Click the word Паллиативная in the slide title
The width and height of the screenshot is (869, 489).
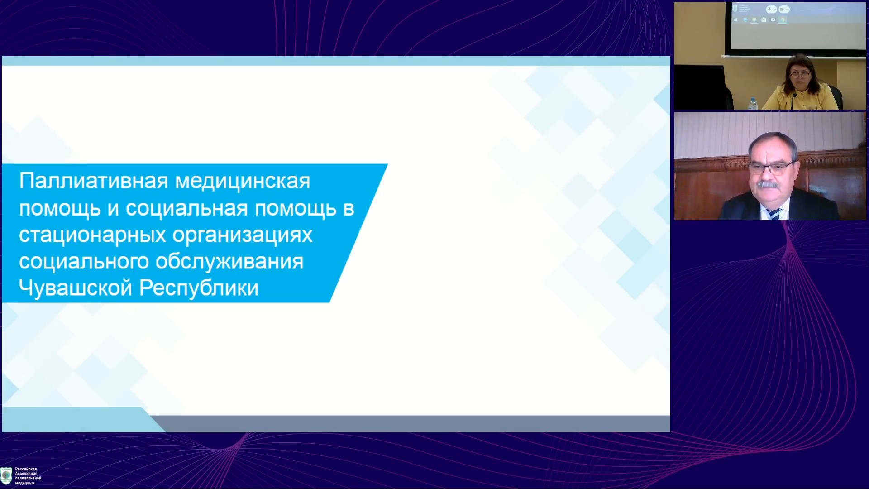(x=94, y=181)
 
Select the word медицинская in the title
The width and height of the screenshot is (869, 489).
(x=243, y=182)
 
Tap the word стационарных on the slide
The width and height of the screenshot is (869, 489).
(x=92, y=235)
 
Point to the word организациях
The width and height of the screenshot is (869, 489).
(x=243, y=235)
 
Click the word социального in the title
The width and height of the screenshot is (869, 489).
(x=84, y=262)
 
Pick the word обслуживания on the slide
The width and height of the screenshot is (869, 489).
(x=229, y=262)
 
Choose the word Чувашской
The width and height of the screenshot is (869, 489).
(x=76, y=288)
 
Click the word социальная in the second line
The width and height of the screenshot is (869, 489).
(x=187, y=209)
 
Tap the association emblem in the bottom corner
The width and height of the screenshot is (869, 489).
(x=6, y=475)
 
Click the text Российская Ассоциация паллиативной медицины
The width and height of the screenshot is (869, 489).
(x=28, y=476)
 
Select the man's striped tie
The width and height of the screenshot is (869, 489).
(x=775, y=214)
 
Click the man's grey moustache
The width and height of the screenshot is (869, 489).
(x=768, y=184)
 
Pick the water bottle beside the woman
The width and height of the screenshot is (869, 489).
(x=753, y=104)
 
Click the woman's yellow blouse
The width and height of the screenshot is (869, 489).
(x=801, y=98)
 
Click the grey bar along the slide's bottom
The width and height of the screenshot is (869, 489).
(x=410, y=424)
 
